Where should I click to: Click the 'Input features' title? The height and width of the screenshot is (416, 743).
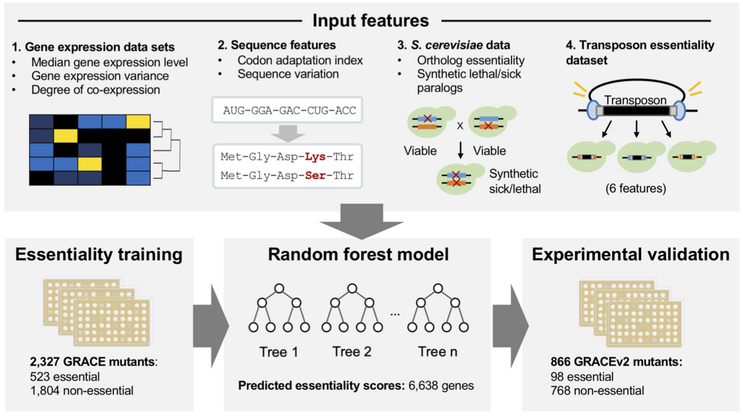pos(370,21)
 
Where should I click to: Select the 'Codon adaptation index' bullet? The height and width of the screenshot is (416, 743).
pos(300,60)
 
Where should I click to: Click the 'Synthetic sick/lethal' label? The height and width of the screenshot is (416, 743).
pos(514,181)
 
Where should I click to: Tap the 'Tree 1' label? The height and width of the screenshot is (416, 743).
pos(278,351)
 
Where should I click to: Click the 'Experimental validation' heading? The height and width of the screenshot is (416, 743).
pos(631,255)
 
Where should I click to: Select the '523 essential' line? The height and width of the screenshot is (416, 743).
pos(65,377)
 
